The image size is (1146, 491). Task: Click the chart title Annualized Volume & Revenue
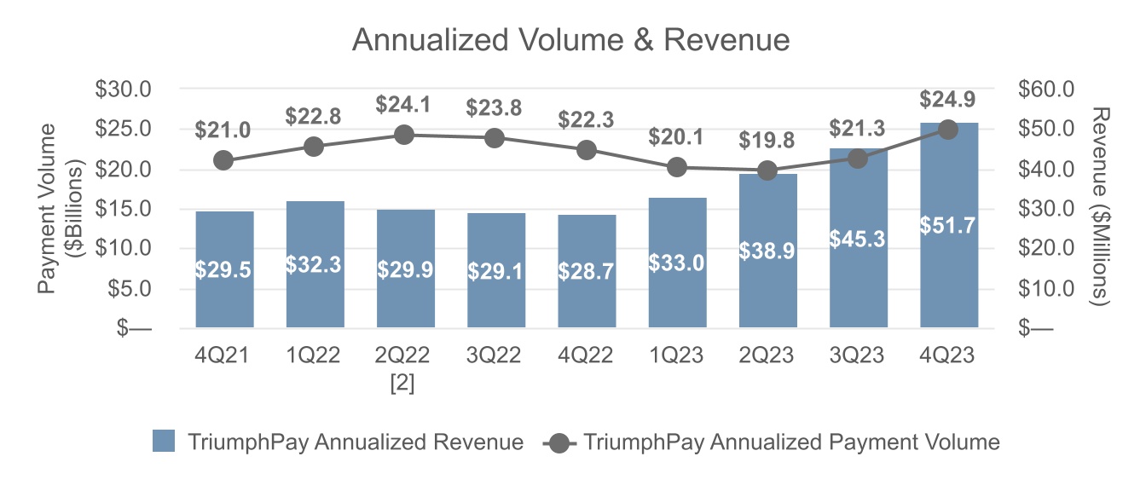571,40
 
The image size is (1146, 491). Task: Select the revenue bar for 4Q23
949,256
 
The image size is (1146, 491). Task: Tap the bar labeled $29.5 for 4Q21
224,270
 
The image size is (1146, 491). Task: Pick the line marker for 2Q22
405,135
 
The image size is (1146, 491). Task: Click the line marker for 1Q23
677,167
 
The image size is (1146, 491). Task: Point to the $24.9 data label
948,100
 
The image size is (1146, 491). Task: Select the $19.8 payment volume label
767,139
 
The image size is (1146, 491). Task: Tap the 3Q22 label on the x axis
495,355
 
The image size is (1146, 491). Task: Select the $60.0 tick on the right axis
1046,89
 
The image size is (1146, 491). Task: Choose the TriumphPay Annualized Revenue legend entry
355,442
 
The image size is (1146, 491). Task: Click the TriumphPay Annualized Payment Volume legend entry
791,442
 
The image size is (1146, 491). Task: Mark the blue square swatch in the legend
164,442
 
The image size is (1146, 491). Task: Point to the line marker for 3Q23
858,159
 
